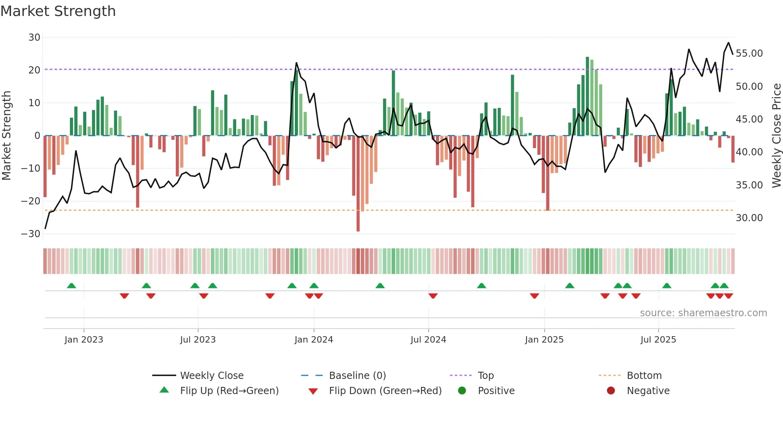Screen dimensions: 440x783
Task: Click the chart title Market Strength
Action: [x=58, y=11]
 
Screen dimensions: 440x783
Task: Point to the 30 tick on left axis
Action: [x=34, y=38]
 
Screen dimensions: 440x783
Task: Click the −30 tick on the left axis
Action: [x=31, y=234]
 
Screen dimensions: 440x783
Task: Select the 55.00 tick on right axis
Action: [x=749, y=54]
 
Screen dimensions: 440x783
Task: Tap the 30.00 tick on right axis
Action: [x=749, y=218]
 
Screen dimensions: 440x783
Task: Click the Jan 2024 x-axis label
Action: [x=314, y=340]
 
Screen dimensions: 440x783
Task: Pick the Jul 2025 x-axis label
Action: [x=658, y=340]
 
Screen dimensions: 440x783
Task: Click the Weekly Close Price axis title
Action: [x=776, y=136]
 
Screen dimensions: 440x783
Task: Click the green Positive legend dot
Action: [x=462, y=391]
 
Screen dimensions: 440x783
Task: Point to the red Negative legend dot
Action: [x=610, y=391]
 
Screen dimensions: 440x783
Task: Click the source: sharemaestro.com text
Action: [x=703, y=313]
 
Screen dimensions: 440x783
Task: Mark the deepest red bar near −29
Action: [x=358, y=184]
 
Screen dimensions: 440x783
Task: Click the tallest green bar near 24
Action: [x=587, y=96]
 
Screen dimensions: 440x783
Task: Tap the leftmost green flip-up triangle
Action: [x=72, y=286]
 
